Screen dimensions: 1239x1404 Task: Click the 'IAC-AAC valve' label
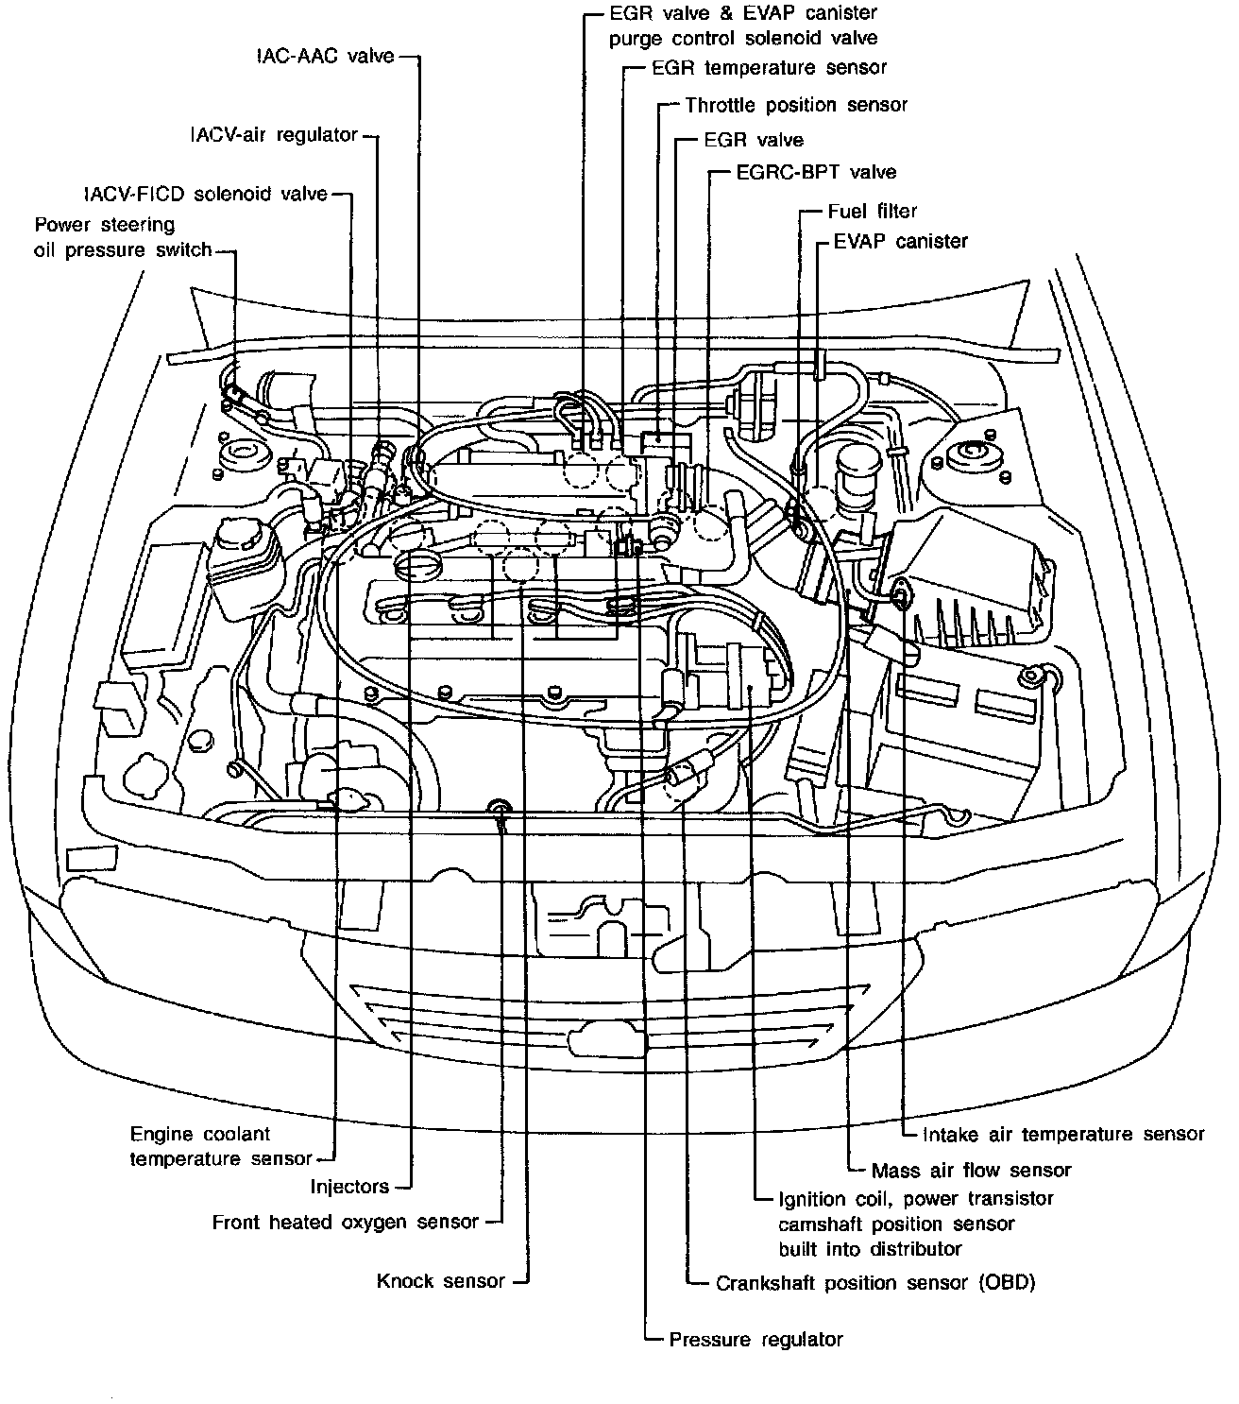[325, 56]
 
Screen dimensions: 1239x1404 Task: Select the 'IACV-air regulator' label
[274, 134]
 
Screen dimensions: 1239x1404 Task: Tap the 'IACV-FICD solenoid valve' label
[206, 194]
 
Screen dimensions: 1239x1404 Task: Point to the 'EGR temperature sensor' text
[770, 67]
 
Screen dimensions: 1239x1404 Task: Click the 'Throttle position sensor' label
[796, 105]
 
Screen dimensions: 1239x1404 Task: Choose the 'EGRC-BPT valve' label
[817, 172]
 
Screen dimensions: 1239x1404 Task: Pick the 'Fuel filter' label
[873, 211]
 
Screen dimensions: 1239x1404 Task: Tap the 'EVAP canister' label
[900, 241]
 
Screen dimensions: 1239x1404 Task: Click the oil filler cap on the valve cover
[417, 566]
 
